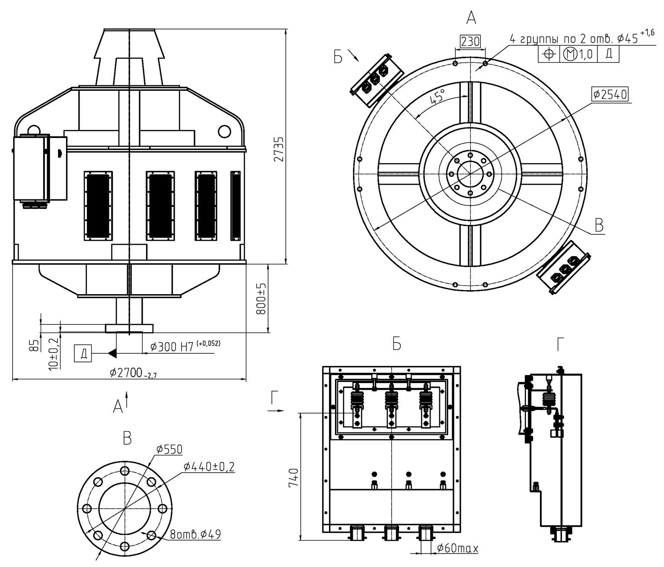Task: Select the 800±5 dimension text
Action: tap(262, 298)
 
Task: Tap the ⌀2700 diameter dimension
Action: tap(133, 373)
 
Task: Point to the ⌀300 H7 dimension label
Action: tap(185, 346)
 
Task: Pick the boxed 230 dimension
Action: tap(470, 42)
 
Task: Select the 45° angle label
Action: tap(438, 96)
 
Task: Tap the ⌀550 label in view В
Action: tap(169, 449)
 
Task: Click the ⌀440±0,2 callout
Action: tap(209, 466)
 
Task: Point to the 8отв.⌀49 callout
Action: tap(195, 534)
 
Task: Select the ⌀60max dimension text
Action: tap(457, 548)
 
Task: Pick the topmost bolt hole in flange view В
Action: tap(124, 471)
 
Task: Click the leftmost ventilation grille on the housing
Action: tap(98, 206)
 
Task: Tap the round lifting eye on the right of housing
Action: tap(224, 131)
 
